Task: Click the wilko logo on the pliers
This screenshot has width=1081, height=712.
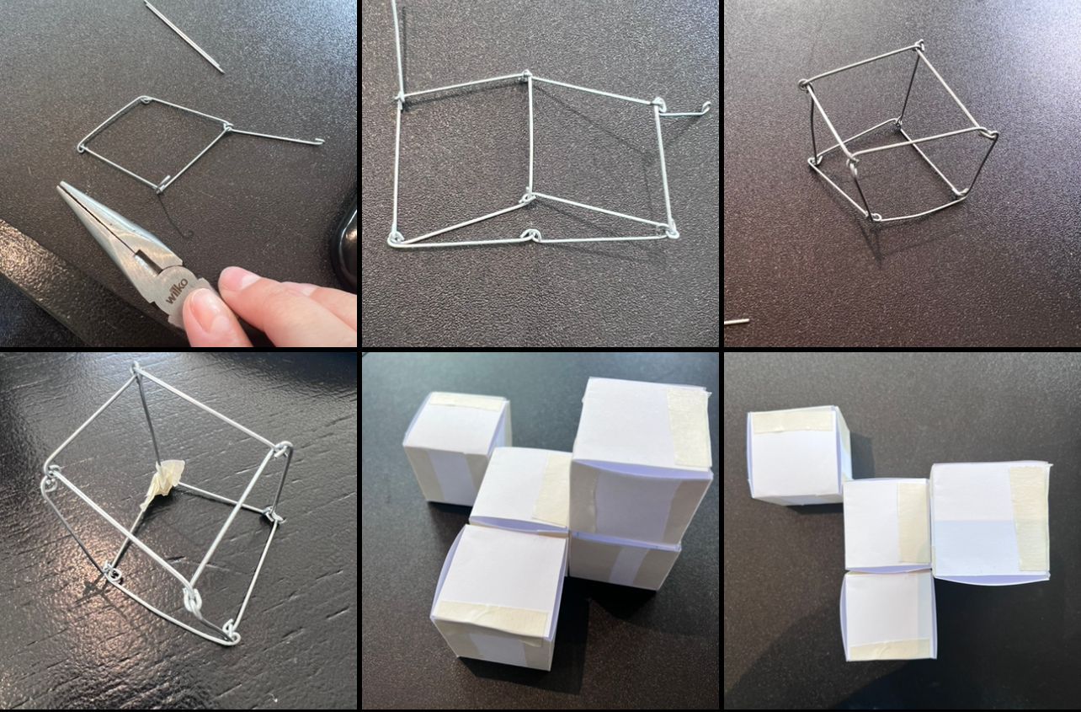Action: click(x=176, y=291)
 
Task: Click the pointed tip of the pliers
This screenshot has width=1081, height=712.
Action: click(x=61, y=186)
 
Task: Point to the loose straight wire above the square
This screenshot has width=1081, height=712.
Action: click(x=184, y=37)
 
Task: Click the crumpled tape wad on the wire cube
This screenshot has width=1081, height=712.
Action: click(x=162, y=483)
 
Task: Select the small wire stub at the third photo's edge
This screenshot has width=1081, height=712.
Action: click(x=737, y=321)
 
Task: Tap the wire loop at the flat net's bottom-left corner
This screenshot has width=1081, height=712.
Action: click(x=395, y=238)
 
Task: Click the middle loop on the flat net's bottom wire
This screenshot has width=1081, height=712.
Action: click(x=530, y=235)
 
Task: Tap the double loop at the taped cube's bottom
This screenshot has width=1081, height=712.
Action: click(x=192, y=602)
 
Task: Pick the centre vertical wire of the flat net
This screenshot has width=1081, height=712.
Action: click(x=530, y=136)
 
